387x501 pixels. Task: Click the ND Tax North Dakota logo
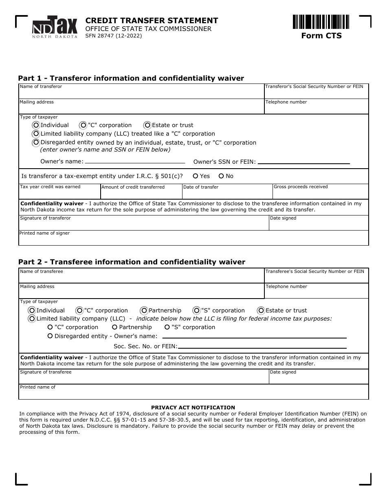[55, 27]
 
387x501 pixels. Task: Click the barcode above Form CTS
[321, 22]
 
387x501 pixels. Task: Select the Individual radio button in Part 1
[36, 125]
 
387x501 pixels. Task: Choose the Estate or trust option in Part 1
[147, 125]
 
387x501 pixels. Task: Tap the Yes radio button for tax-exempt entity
[196, 176]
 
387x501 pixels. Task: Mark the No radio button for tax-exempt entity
[221, 176]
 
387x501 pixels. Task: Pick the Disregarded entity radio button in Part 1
[36, 143]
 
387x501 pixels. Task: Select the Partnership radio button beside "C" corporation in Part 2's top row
[144, 310]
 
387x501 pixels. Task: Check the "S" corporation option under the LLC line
[167, 327]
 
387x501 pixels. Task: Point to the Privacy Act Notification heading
[193, 407]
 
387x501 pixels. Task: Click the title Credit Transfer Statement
[152, 21]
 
